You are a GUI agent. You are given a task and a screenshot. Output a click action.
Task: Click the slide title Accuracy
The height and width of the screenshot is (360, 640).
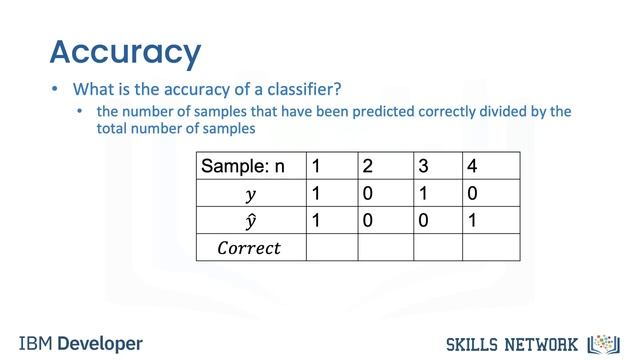[x=125, y=51]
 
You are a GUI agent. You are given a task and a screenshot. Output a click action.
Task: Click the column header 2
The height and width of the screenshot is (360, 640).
[x=368, y=166]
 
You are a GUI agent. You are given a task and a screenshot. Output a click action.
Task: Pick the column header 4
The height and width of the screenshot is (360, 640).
[x=471, y=166]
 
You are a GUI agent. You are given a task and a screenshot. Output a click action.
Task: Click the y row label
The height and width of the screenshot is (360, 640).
[x=250, y=193]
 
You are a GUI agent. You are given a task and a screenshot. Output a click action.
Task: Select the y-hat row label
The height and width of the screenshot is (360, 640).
[x=250, y=220]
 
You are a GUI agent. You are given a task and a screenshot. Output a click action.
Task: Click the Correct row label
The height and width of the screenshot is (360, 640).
[x=249, y=247]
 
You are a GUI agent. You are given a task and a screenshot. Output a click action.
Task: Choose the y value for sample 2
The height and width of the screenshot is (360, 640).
[x=368, y=193]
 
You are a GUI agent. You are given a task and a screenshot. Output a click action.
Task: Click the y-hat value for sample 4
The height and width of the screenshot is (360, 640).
[x=471, y=220]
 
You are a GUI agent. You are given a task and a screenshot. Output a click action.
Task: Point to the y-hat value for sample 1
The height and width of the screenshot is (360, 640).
[x=316, y=220]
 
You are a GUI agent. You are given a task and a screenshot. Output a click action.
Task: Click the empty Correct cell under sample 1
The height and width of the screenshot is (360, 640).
[x=331, y=247]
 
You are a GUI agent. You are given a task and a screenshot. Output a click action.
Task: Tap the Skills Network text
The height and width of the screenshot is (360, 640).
[x=510, y=344]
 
